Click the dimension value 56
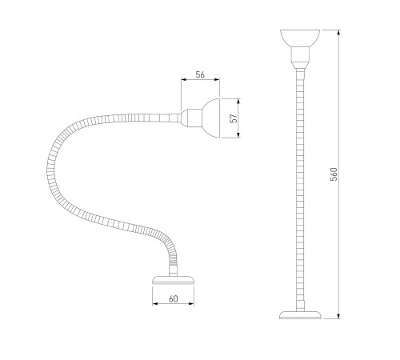tap(200, 74)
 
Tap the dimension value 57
tap(234, 118)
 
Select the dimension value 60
tap(174, 299)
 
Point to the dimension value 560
tap(334, 174)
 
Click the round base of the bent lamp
tap(173, 280)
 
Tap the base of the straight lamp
tap(300, 315)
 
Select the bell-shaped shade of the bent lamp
tap(211, 118)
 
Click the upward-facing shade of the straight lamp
tap(300, 38)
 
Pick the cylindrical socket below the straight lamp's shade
tap(300, 54)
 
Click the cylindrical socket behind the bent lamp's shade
tap(194, 118)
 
